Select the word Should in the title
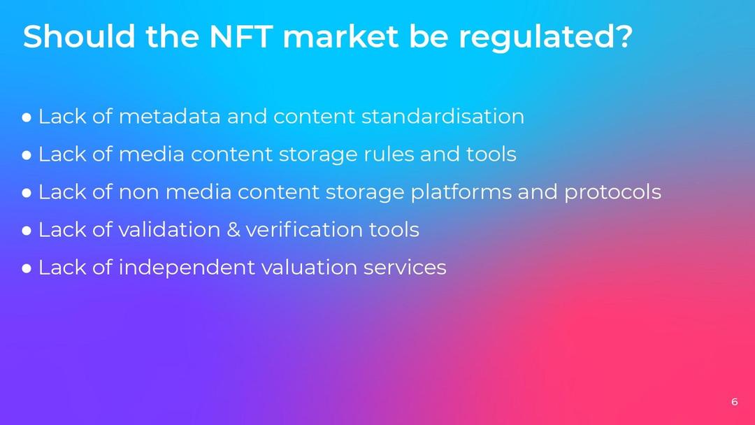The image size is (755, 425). tap(80, 36)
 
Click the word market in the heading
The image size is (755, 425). tap(341, 36)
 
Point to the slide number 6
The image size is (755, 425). tap(734, 401)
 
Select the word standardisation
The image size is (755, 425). tap(443, 117)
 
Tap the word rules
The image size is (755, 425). tap(389, 154)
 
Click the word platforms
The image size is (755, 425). tap(461, 192)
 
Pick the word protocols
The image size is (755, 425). tap(612, 192)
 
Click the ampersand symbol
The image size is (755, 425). tap(233, 229)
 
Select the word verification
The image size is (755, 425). tap(304, 229)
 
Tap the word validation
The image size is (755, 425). tap(169, 229)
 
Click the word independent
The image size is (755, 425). tap(187, 268)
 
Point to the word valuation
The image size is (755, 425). tap(309, 268)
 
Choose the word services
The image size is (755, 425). tap(405, 268)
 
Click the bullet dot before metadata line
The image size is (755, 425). tap(27, 117)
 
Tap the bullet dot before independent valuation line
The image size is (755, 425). tap(27, 268)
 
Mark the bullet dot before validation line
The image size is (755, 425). tap(27, 231)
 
